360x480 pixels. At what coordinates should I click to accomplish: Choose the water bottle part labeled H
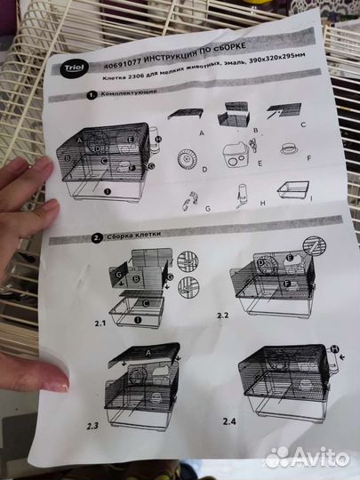242,195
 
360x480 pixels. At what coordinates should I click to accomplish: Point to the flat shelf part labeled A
188,113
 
